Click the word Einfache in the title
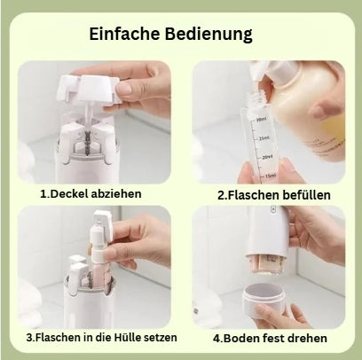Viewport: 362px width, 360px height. click(x=124, y=35)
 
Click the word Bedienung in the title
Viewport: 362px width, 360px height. click(x=209, y=35)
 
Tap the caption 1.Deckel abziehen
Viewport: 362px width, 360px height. click(x=90, y=193)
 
